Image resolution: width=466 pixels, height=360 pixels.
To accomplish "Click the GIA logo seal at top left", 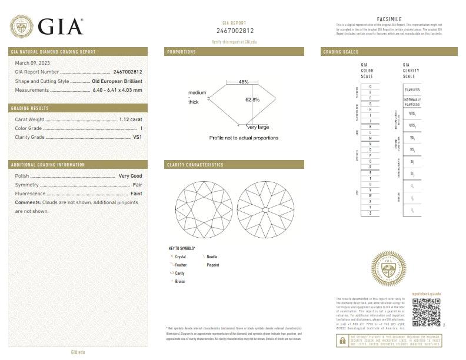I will pos(22,25).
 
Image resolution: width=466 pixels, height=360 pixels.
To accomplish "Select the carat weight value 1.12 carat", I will pos(131,119).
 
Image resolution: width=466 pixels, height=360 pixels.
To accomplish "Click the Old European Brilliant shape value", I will pos(117,81).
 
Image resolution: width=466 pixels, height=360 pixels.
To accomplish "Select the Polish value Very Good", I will pos(130,176).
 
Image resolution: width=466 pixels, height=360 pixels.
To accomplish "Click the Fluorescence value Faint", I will pos(136,193).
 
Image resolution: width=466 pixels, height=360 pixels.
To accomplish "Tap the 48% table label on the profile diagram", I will pos(244,82).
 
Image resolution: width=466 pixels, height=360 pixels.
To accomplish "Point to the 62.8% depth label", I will pos(252,99).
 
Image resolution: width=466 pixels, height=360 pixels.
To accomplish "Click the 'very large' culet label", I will pos(258,127).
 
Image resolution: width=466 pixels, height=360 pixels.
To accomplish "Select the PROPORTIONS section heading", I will pos(182,52).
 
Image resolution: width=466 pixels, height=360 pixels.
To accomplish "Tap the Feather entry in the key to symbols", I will pos(181,265).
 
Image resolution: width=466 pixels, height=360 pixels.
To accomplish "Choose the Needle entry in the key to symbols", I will pos(212,257).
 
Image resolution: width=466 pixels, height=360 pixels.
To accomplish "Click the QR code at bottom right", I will pos(426,312).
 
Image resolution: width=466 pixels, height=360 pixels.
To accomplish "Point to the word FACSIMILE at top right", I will pos(388,19).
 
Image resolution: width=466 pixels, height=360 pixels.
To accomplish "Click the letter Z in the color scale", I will pos(370,213).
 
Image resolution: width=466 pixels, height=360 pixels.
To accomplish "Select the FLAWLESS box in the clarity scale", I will pos(412,90).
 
